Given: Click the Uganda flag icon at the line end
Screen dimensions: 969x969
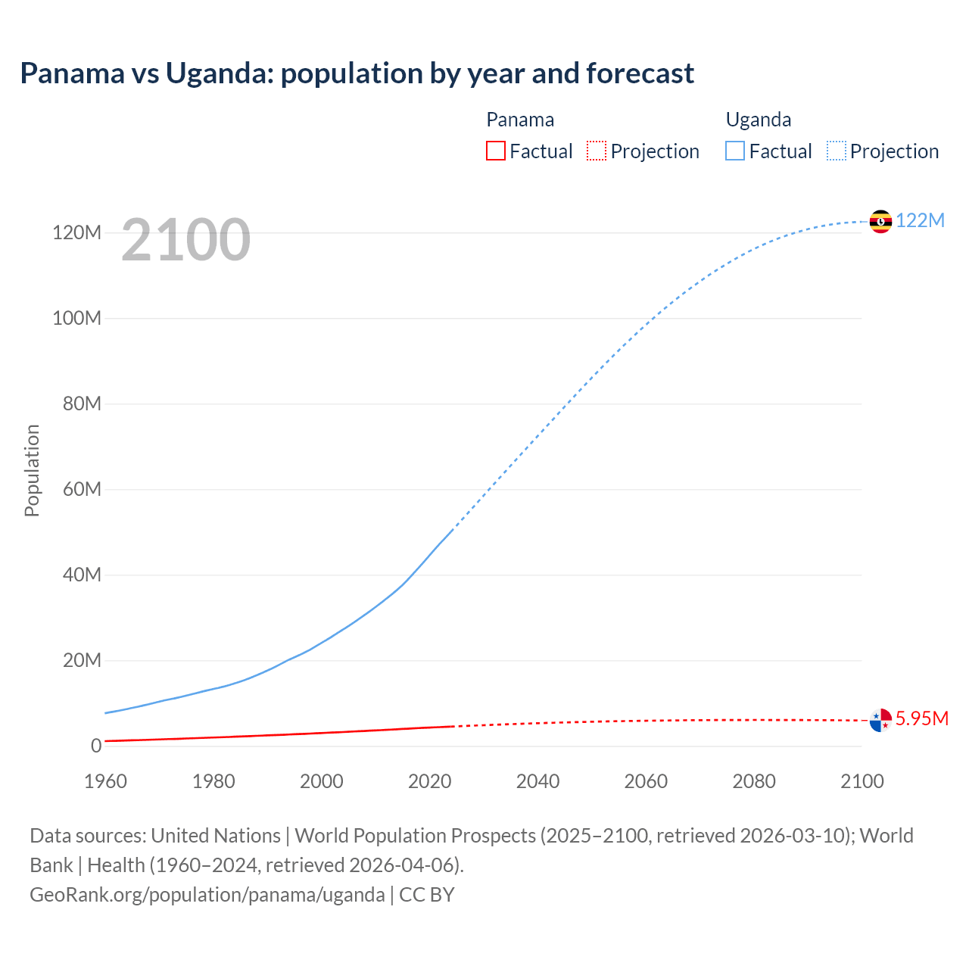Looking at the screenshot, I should point(880,221).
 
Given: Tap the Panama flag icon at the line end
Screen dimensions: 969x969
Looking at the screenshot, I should point(880,720).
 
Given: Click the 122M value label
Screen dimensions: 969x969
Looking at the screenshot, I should point(920,220).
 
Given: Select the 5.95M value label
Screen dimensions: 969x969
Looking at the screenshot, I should point(921,718).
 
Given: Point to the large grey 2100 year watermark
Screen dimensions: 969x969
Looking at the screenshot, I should point(185,240).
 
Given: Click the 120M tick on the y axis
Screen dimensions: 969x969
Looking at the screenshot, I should point(76,232).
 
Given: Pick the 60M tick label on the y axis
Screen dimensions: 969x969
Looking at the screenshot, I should point(82,489).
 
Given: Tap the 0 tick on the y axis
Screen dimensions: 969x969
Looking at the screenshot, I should point(96,746).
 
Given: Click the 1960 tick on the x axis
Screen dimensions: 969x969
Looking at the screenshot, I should point(105,781).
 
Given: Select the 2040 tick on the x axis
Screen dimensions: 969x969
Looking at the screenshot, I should point(537,781).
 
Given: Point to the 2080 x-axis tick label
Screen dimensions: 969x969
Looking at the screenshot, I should point(753,781).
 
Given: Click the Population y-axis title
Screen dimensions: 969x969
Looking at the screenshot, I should point(32,470).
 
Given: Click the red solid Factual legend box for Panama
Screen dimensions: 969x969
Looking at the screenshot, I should point(496,151).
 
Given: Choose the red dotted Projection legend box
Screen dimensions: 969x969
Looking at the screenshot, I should point(597,151).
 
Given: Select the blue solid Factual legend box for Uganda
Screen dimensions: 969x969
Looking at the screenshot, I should point(735,151).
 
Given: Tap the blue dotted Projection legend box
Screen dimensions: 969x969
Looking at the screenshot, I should point(837,151).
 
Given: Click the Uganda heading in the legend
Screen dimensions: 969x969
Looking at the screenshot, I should point(759,120).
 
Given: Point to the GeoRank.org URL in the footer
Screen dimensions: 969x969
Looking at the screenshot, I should point(207,895).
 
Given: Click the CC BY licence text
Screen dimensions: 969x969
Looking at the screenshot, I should point(427,895).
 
